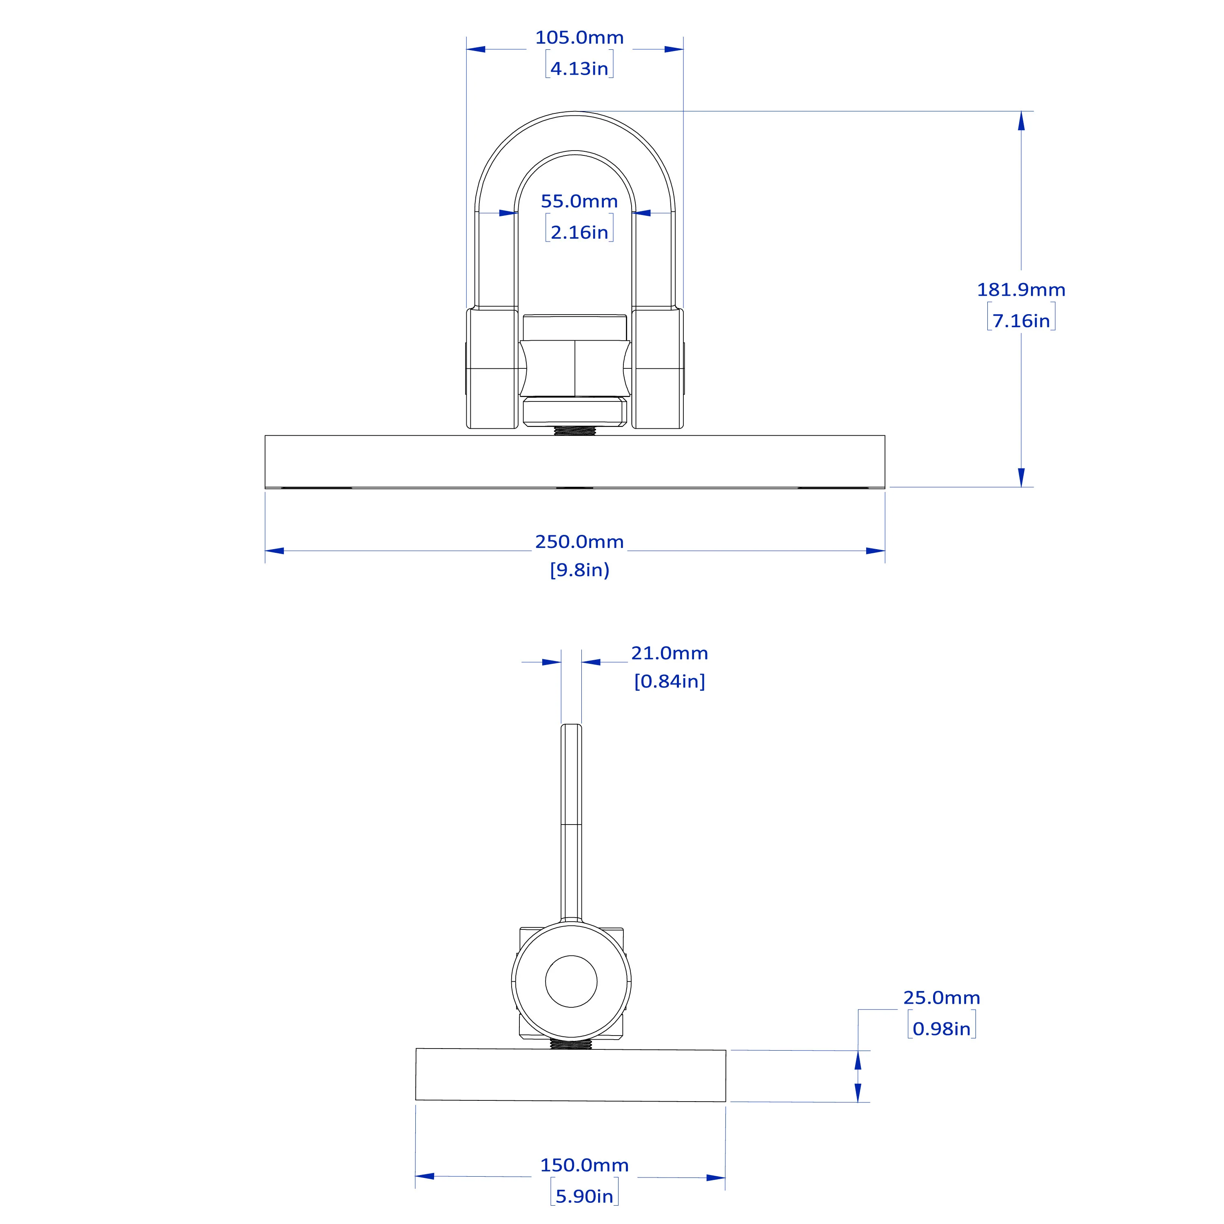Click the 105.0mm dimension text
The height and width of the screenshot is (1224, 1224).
[x=579, y=38]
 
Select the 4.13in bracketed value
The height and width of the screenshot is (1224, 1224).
[x=579, y=69]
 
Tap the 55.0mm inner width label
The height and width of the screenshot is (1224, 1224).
[x=579, y=202]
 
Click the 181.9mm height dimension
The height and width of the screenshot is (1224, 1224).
[x=1021, y=290]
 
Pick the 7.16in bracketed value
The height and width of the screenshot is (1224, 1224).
[x=1021, y=321]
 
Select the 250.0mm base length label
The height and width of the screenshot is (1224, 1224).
[x=579, y=542]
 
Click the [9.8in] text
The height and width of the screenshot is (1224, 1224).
[x=579, y=570]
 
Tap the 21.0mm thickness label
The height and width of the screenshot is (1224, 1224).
[x=669, y=653]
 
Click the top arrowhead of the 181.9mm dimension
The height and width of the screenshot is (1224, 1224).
[x=1021, y=121]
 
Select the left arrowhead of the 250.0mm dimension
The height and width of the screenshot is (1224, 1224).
[x=274, y=550]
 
